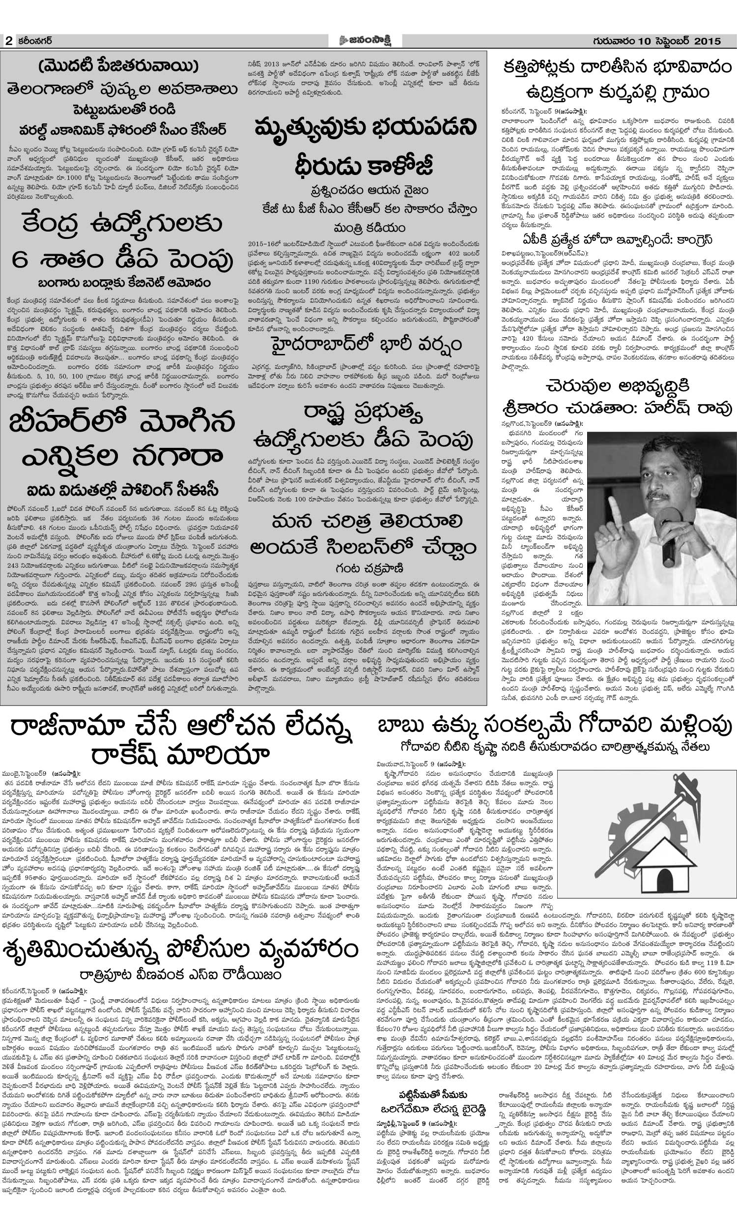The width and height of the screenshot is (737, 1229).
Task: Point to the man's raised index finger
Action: tap(615, 503)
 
